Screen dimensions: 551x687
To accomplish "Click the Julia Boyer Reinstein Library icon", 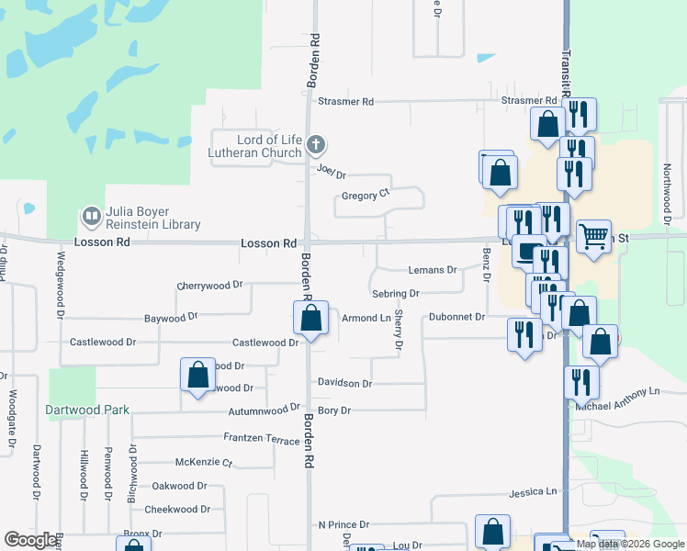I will (x=91, y=217).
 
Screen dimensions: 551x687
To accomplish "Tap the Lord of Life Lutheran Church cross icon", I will (x=316, y=144).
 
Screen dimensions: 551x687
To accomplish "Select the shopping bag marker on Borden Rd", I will (x=311, y=320).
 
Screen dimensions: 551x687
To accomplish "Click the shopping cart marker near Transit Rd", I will (x=594, y=238).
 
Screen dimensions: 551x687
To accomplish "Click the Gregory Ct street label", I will (x=366, y=196).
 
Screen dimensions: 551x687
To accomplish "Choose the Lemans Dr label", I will (x=432, y=270).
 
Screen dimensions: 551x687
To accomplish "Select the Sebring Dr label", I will (x=396, y=293).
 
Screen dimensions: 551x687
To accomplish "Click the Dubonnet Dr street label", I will (x=456, y=317).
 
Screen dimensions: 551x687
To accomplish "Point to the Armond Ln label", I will (x=366, y=318).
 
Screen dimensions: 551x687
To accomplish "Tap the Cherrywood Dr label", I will (x=209, y=286).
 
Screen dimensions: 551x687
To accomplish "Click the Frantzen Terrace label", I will (x=262, y=439).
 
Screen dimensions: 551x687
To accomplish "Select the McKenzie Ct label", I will (x=203, y=462).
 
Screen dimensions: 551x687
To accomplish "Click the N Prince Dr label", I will (x=343, y=524).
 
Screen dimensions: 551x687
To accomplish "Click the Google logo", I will (x=31, y=540).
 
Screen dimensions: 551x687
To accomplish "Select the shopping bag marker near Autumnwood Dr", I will (x=197, y=375).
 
